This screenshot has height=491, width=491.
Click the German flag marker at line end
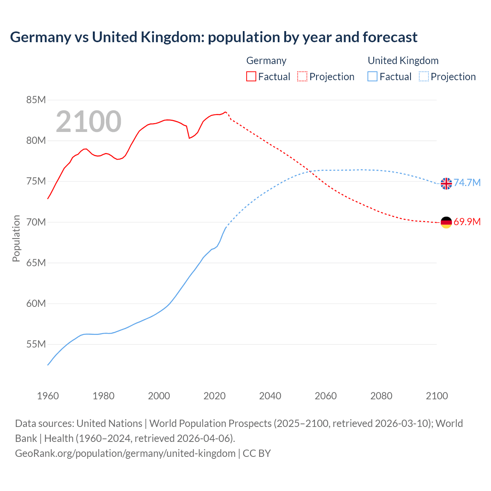(x=446, y=222)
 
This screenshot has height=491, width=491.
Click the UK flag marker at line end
(x=446, y=184)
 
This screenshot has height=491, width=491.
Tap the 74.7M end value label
(x=467, y=183)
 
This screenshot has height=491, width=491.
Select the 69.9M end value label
(x=467, y=222)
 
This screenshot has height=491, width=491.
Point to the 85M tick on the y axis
(x=36, y=100)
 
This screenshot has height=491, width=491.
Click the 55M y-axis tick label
(x=36, y=344)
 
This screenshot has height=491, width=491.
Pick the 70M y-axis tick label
(x=36, y=222)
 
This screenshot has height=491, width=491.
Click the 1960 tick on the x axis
(x=48, y=396)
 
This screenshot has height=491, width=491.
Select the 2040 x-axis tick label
(x=270, y=396)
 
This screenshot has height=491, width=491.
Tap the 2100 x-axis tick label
(x=437, y=396)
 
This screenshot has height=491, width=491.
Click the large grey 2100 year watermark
(x=89, y=122)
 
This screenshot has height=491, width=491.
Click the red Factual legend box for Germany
(x=251, y=76)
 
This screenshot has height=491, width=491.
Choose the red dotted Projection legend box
(x=302, y=76)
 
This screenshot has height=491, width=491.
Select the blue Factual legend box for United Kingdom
(x=372, y=76)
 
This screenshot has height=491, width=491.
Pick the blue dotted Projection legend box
(x=423, y=76)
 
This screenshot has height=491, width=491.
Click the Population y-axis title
(x=16, y=238)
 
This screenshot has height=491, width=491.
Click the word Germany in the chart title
(x=41, y=37)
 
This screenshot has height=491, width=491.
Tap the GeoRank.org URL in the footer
(x=125, y=453)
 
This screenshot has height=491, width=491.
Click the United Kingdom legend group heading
(x=403, y=61)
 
